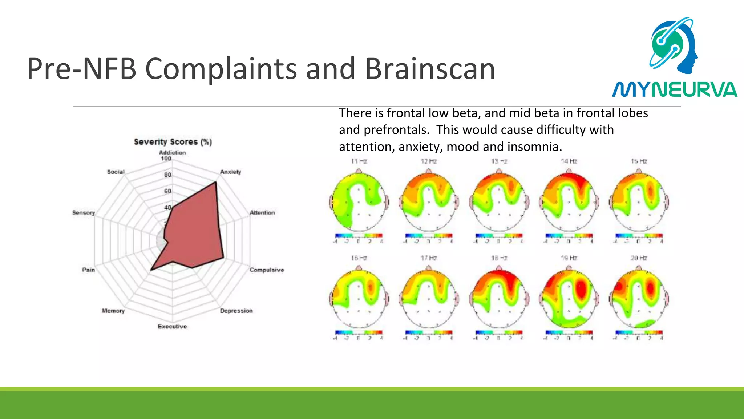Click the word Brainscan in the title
click(430, 69)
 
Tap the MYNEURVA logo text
click(674, 90)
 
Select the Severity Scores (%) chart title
click(173, 142)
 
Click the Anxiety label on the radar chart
click(230, 172)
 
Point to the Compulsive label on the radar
click(267, 270)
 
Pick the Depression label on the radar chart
click(236, 311)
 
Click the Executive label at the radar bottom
click(172, 326)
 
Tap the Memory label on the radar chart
click(113, 311)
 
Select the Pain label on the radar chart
click(88, 270)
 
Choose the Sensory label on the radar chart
click(83, 212)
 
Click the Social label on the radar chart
click(116, 172)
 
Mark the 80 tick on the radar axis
click(167, 175)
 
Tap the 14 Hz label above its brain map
click(569, 161)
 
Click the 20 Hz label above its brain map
click(639, 258)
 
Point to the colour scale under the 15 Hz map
click(639, 236)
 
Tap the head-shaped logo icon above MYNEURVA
click(674, 45)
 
